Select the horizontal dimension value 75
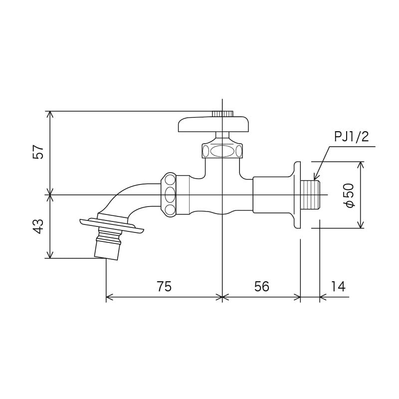(x=164, y=287)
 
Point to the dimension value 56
(x=261, y=287)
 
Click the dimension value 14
(x=338, y=287)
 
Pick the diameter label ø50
(x=349, y=196)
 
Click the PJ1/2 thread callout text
(x=351, y=137)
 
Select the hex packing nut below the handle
(x=222, y=151)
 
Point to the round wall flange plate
(x=297, y=195)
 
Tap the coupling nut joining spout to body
(x=169, y=195)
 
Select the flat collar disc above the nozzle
(x=111, y=224)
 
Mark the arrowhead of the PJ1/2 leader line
(x=315, y=178)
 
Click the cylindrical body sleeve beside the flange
(x=272, y=195)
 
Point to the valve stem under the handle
(x=222, y=135)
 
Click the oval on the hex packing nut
(x=222, y=151)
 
